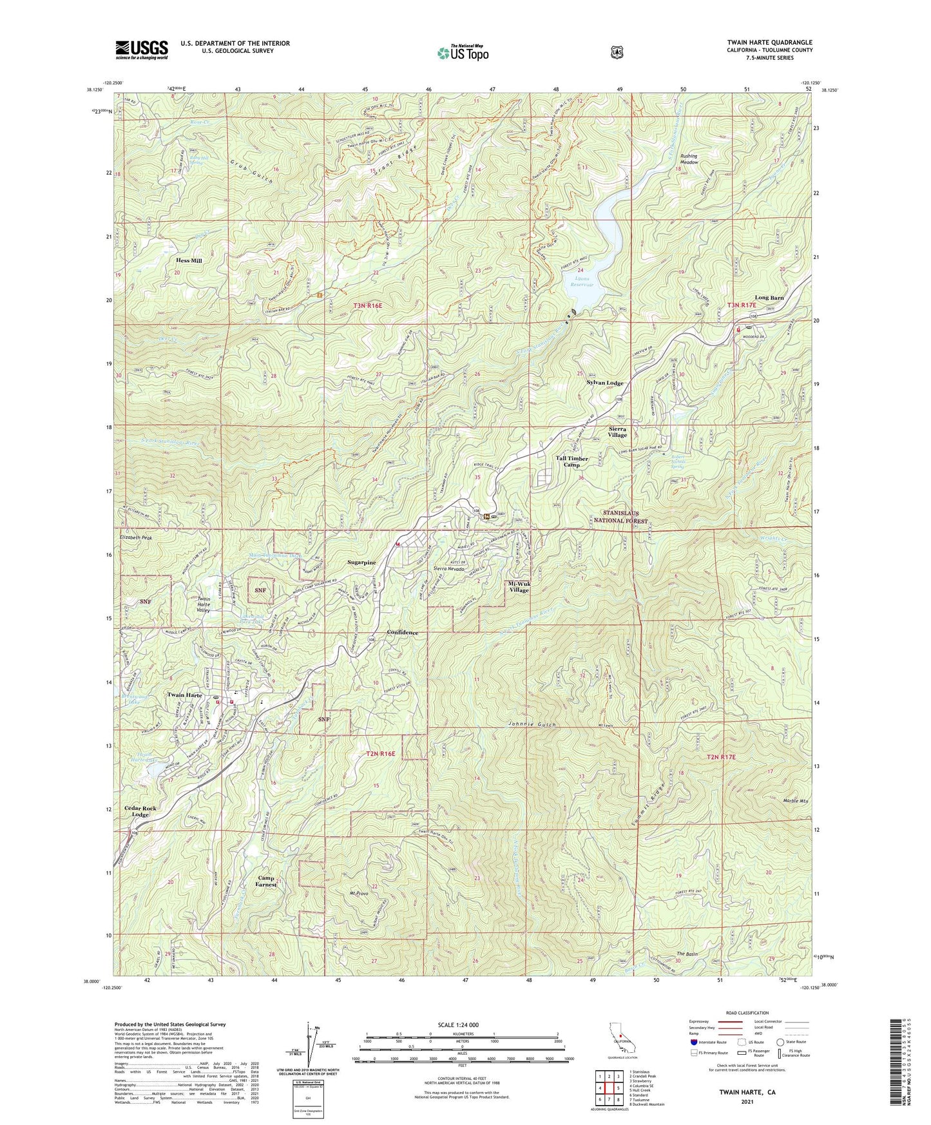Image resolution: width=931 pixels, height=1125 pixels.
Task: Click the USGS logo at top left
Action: point(142,50)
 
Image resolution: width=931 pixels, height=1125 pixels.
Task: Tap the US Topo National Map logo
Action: point(463,53)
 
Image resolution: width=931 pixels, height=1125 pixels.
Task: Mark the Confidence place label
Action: point(402,633)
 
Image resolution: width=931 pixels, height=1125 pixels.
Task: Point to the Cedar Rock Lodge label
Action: point(140,811)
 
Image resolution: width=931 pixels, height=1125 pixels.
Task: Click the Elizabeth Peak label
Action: point(136,537)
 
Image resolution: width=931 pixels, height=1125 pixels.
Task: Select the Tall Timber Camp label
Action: point(572,461)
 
